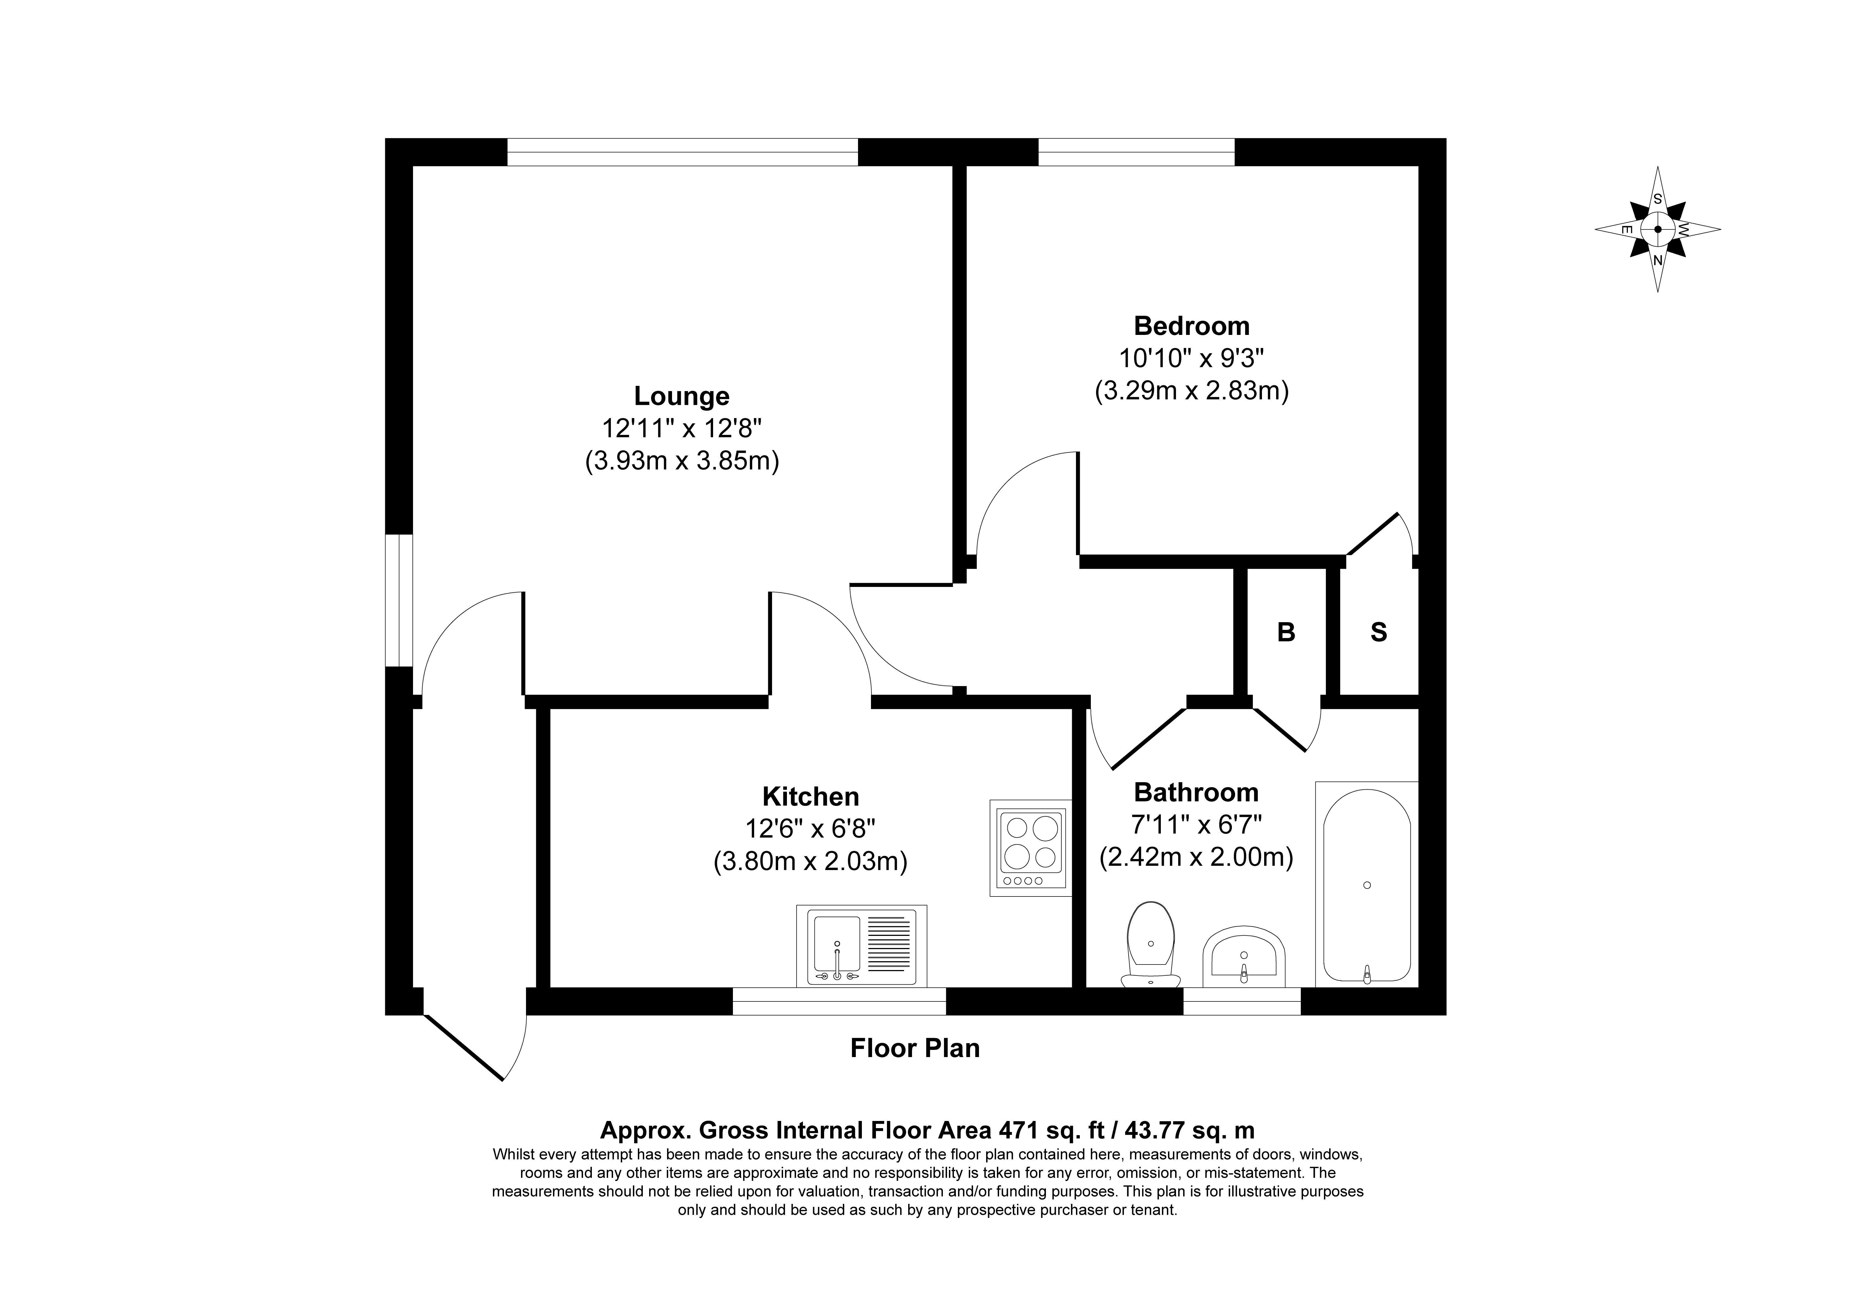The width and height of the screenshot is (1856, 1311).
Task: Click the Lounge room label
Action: click(x=681, y=396)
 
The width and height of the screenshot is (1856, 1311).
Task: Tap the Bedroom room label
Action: click(x=1191, y=326)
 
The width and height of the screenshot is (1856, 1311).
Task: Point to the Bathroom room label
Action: click(x=1196, y=792)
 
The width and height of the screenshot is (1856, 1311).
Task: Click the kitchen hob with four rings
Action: click(x=1031, y=848)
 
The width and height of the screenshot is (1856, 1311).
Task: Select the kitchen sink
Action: click(x=862, y=946)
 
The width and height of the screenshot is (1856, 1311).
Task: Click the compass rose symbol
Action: click(x=1658, y=229)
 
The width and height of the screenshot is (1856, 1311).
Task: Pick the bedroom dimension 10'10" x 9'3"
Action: click(x=1191, y=358)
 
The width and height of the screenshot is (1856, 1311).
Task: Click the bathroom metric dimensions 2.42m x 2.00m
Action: click(x=1196, y=857)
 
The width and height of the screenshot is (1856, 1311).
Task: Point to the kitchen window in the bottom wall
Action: click(x=839, y=1001)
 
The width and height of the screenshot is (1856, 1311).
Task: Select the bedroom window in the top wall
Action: click(x=1137, y=152)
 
